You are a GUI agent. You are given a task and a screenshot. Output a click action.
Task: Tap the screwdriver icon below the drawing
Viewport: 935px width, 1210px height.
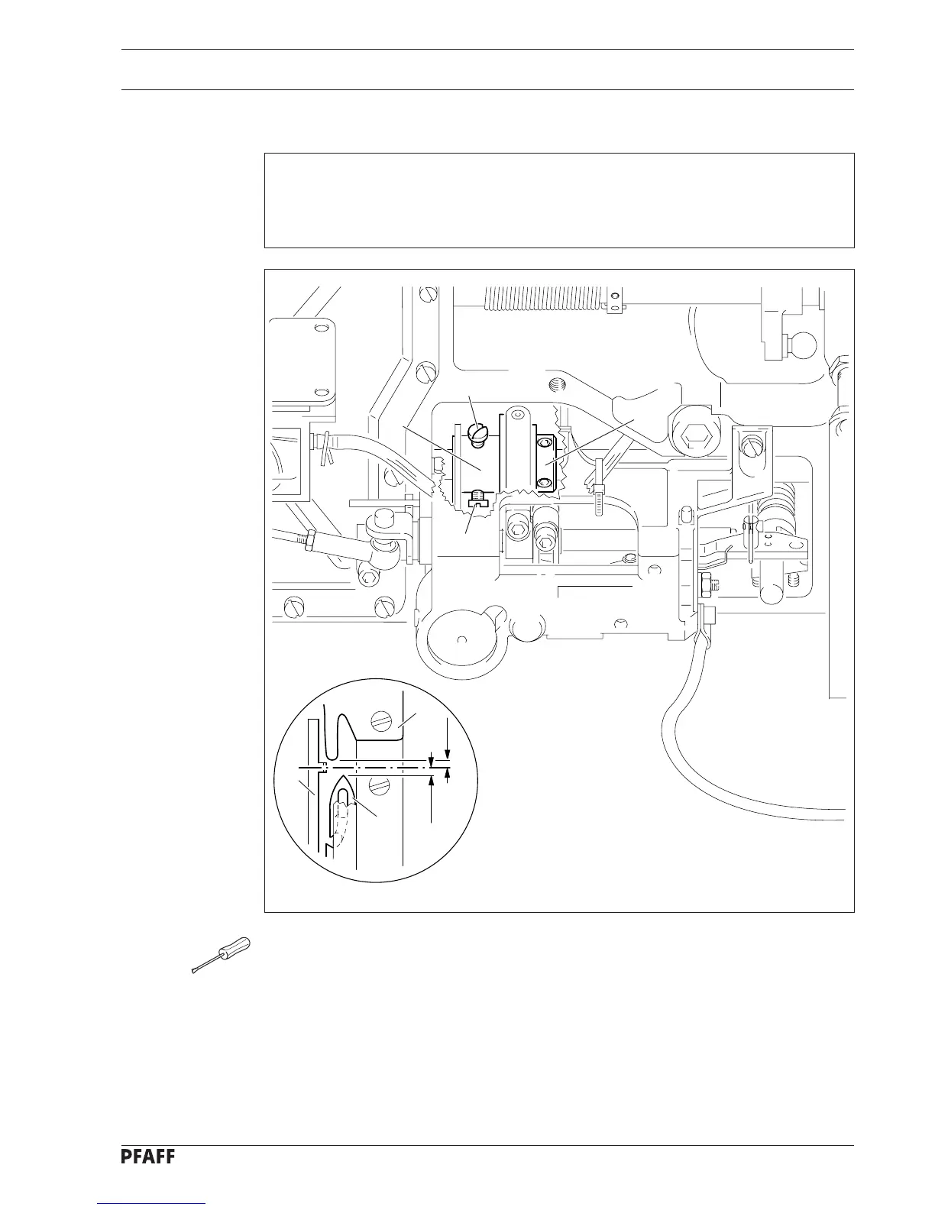[221, 955]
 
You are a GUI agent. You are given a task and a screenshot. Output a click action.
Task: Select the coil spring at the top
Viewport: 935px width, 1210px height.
[546, 298]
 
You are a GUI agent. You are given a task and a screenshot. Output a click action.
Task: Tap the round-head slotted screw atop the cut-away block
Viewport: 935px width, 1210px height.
[477, 436]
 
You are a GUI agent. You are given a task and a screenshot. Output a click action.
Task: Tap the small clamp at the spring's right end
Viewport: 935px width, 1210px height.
[612, 308]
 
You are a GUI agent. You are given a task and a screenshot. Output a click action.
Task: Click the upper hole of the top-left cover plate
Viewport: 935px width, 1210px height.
[320, 329]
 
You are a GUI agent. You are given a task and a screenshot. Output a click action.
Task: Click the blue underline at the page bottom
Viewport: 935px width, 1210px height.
[152, 1204]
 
